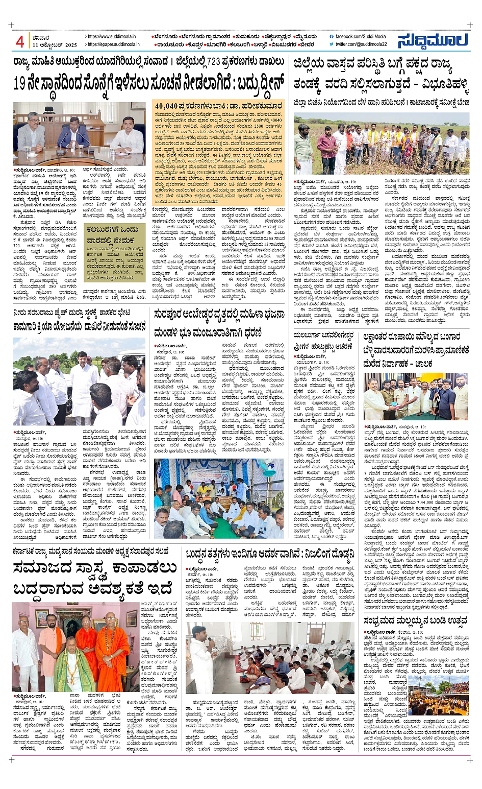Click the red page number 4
pos(20,41)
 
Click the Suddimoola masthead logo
pos(434,41)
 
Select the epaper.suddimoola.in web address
pos(113,45)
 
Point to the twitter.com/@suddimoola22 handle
pos(361,44)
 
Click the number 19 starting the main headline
pos(20,83)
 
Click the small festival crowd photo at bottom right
pos(438,695)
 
